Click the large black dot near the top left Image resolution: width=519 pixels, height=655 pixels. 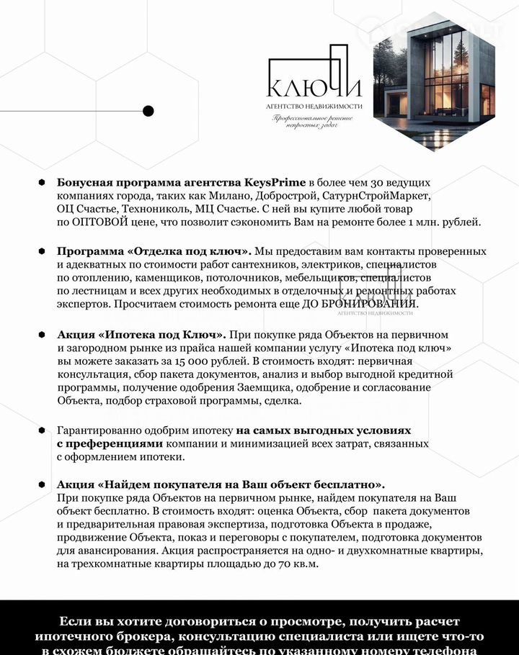pos(148,111)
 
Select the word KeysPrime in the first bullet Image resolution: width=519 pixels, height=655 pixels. pos(276,182)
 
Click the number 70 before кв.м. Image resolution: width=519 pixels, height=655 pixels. pos(275,564)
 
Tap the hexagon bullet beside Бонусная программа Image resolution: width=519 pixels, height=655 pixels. pos(42,182)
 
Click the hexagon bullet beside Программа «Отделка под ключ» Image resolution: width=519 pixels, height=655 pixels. pos(42,251)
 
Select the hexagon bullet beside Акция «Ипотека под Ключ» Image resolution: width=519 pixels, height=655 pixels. pos(42,335)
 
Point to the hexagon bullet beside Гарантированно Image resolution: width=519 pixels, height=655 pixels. pos(42,430)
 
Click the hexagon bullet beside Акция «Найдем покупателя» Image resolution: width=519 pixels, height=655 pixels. pos(42,484)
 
